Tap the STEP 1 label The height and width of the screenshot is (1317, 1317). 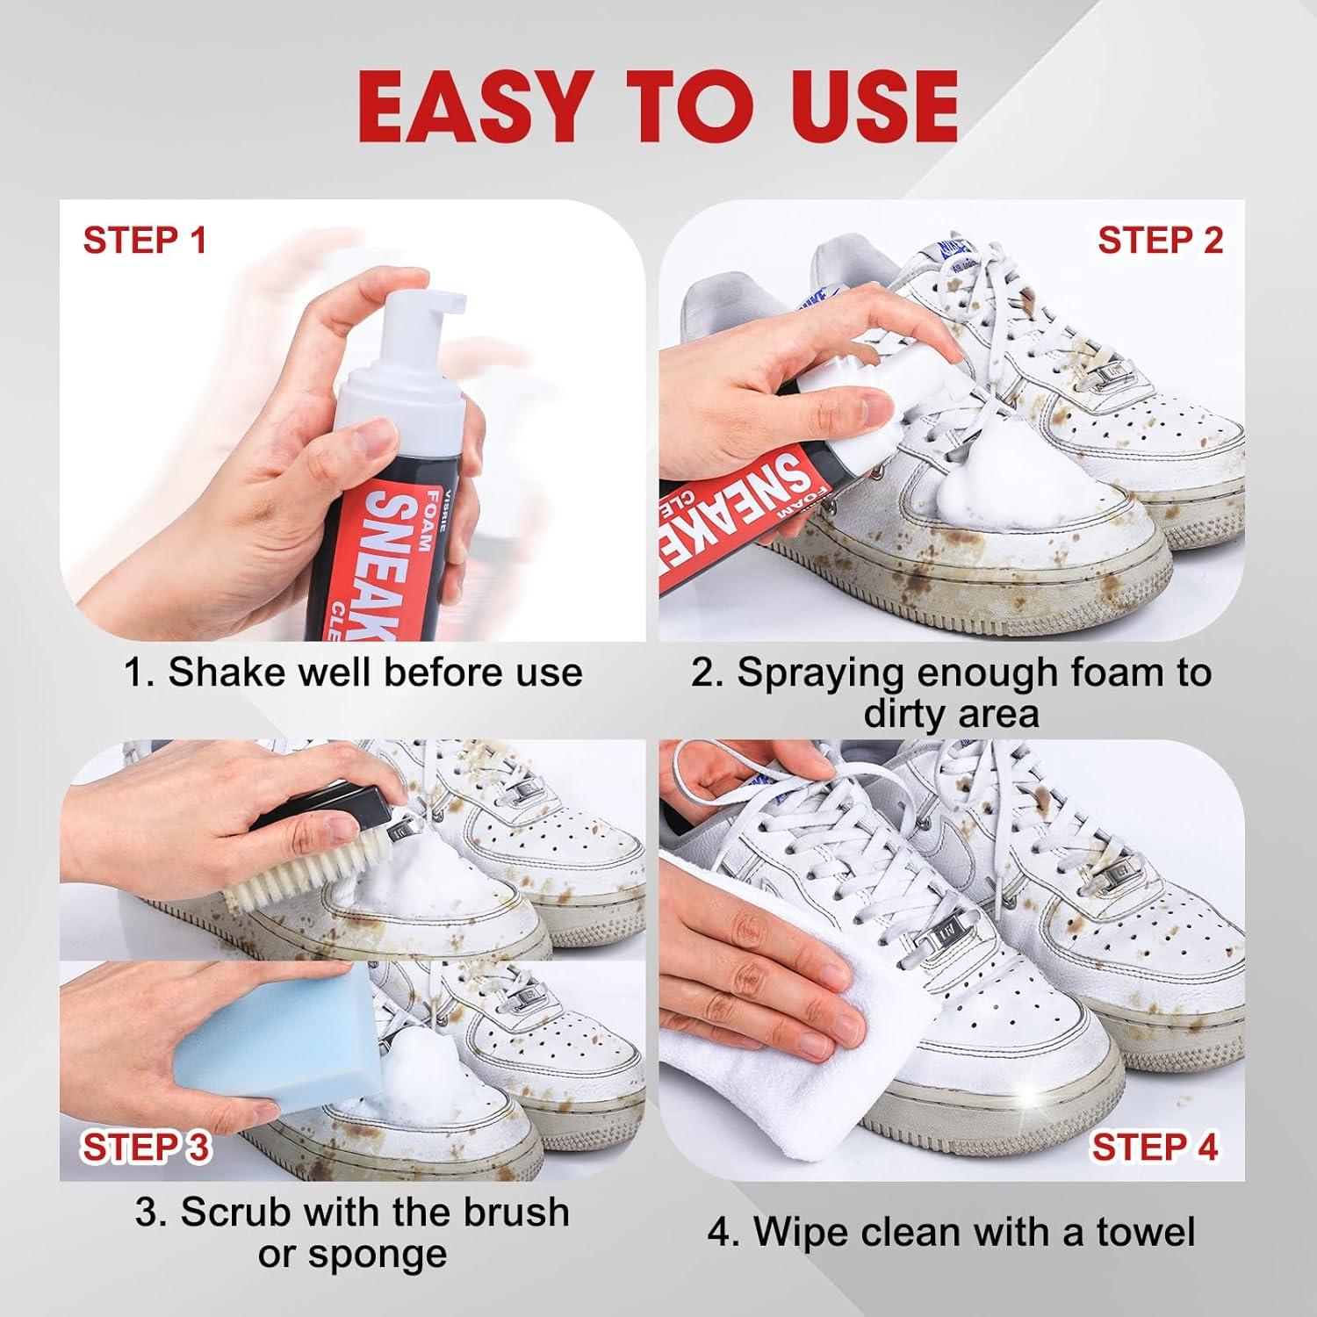[x=144, y=240]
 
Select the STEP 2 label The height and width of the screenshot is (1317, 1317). [x=1160, y=240]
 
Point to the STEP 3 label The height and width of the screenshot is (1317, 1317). [x=146, y=1148]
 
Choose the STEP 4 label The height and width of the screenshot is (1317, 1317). [x=1155, y=1147]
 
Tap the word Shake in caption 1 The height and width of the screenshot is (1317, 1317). [x=219, y=673]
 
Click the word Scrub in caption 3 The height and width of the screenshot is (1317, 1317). [x=232, y=1213]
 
